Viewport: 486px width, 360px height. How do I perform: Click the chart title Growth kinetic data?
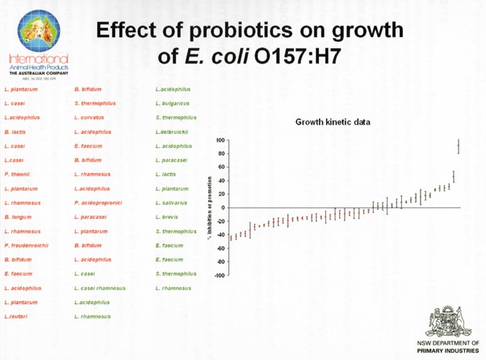(x=333, y=122)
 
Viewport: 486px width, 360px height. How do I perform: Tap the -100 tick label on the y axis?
(x=219, y=275)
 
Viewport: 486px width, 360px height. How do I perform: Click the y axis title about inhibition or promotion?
(x=209, y=208)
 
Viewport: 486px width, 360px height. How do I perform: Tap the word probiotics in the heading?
(x=242, y=30)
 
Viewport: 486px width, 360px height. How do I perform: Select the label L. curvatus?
(x=90, y=118)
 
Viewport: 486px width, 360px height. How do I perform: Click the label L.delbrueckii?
(x=172, y=132)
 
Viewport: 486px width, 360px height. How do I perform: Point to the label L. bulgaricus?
(x=173, y=103)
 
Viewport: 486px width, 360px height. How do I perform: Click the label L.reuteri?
(x=16, y=316)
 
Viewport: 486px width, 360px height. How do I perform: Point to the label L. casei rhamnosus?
(x=100, y=288)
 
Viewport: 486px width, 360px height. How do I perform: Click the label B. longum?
(x=19, y=217)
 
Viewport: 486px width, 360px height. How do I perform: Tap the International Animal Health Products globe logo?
(x=38, y=31)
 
